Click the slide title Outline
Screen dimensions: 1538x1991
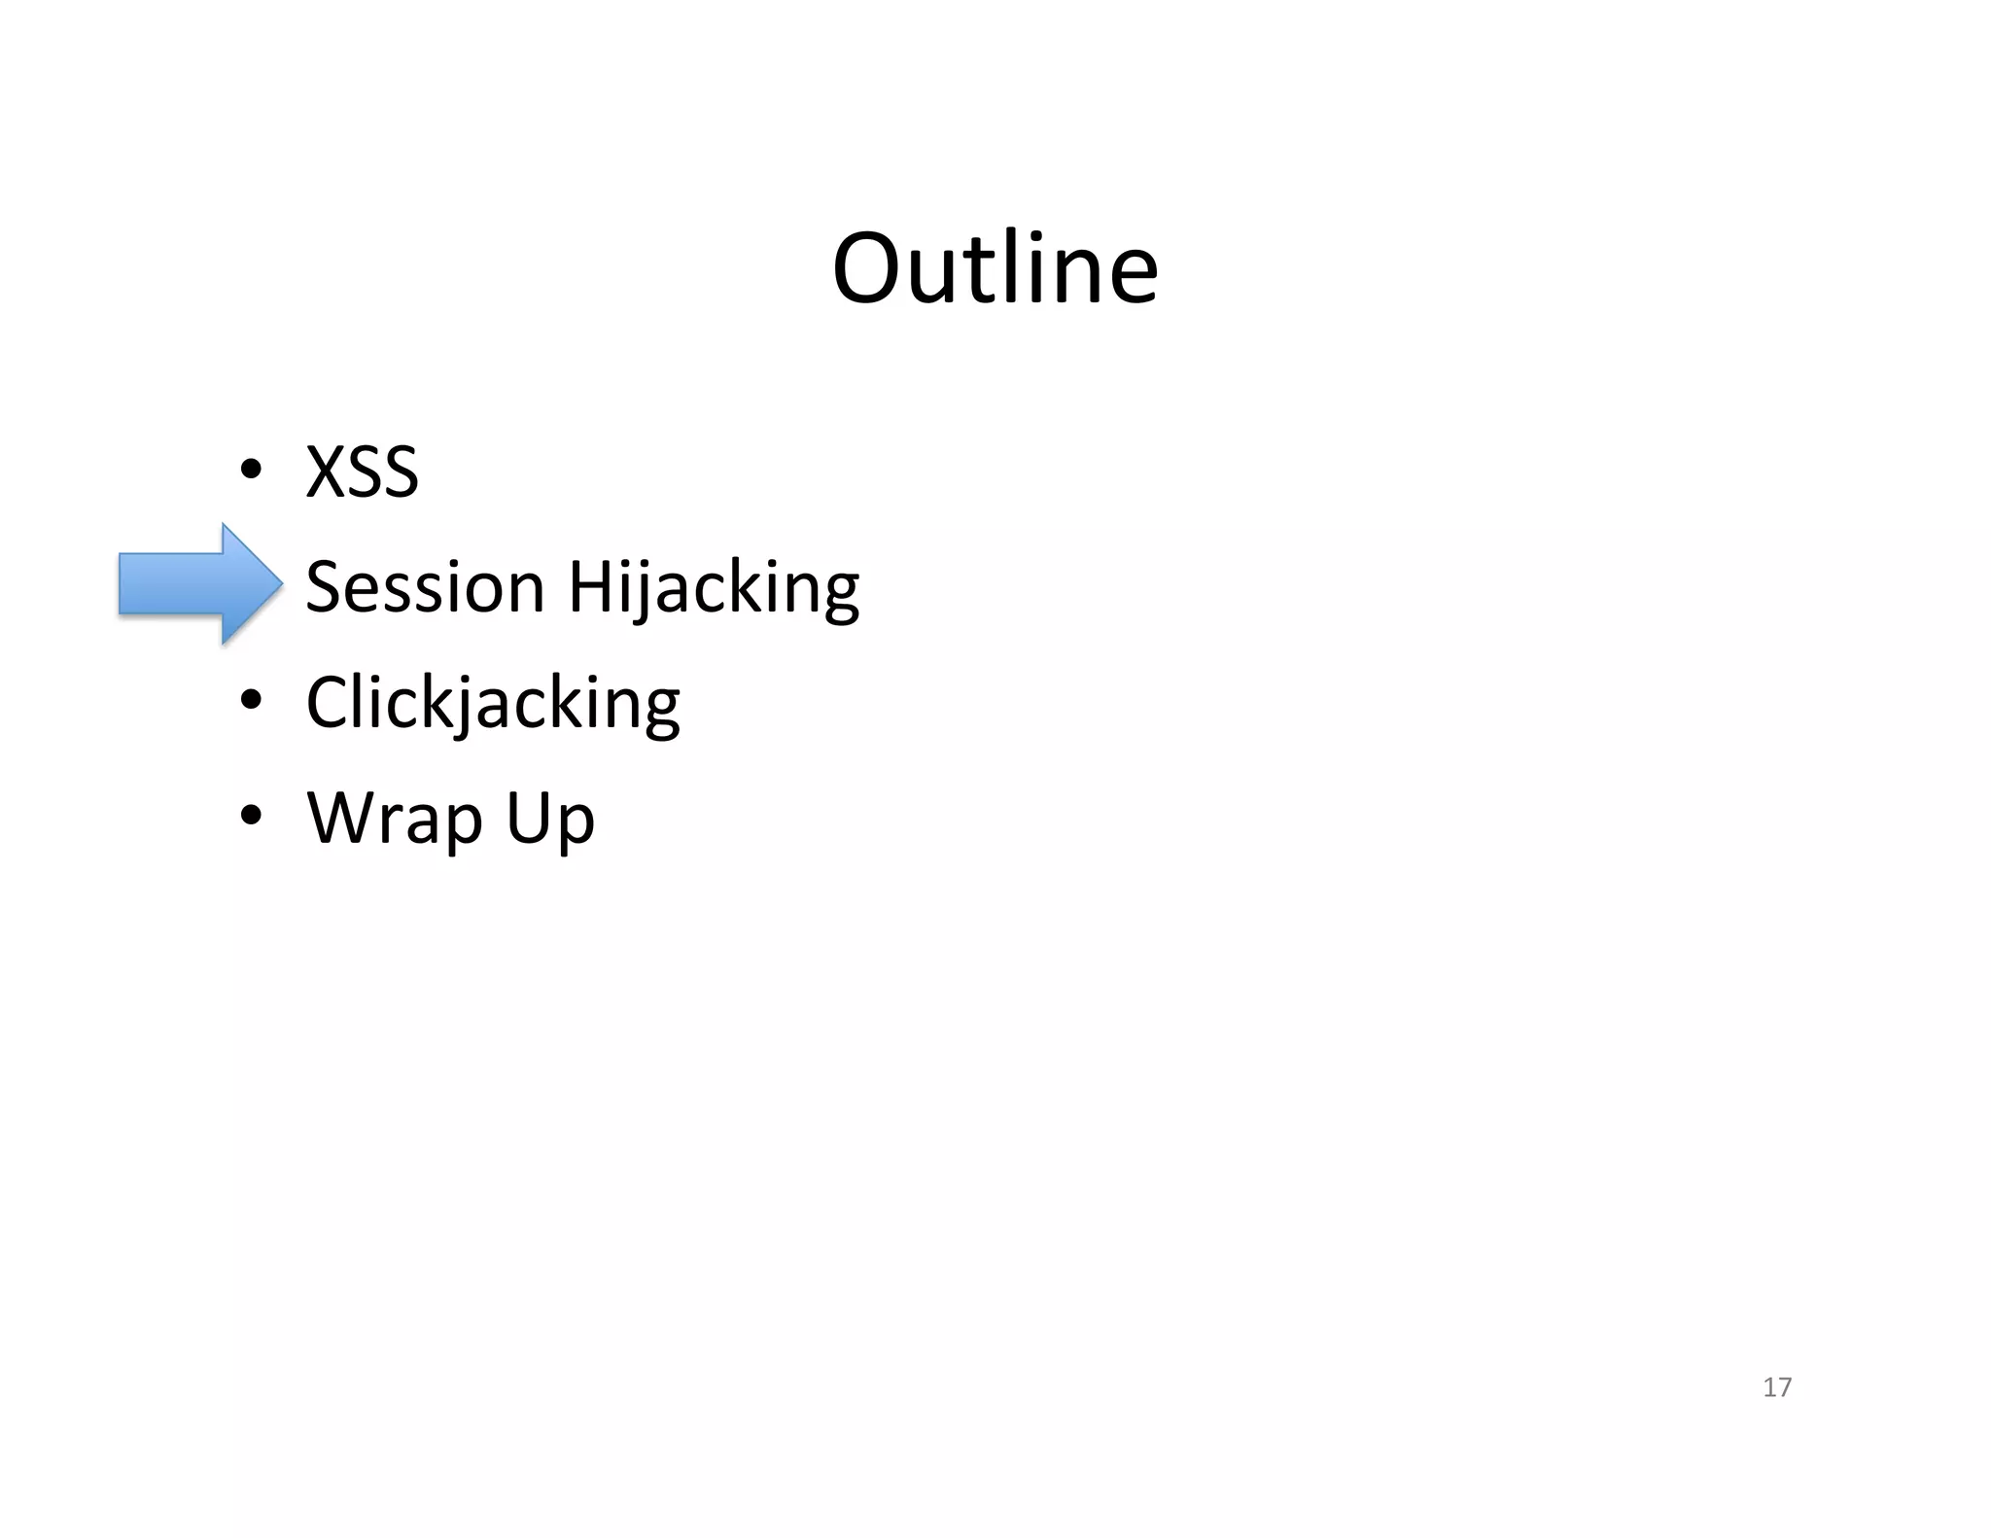click(x=995, y=267)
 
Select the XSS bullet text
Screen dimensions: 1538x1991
click(x=362, y=472)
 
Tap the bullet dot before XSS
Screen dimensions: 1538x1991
click(x=251, y=471)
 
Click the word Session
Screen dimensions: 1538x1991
click(x=425, y=587)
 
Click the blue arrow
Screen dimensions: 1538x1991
click(x=199, y=583)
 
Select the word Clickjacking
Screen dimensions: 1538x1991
click(x=493, y=703)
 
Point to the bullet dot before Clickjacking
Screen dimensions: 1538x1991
click(x=251, y=701)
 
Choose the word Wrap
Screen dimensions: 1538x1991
click(x=395, y=819)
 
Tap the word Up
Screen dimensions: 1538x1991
click(x=550, y=820)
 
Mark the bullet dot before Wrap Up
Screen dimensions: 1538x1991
click(x=251, y=816)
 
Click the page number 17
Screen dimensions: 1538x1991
click(x=1777, y=1387)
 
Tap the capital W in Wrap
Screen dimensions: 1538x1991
click(x=339, y=818)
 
